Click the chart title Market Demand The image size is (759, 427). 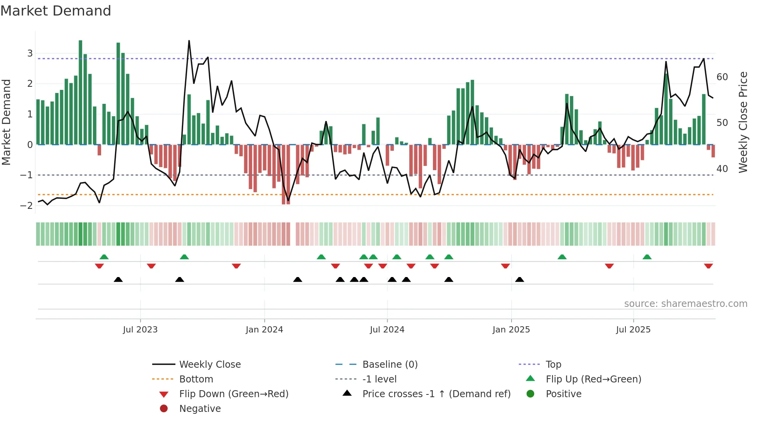coord(56,11)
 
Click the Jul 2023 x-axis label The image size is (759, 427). coord(140,330)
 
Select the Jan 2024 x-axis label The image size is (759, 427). coord(264,330)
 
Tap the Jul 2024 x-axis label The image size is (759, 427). coord(387,330)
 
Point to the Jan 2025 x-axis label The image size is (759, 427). coord(511,330)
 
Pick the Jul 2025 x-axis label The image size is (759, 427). coord(633,330)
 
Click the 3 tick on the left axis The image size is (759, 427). coord(30,53)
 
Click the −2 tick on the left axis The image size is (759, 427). coord(27,206)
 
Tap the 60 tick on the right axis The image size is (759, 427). coord(722,77)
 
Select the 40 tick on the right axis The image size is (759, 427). coord(722,169)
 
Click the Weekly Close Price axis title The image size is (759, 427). coord(743,122)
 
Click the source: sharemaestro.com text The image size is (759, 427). coord(685,304)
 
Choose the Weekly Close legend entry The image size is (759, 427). coord(210,365)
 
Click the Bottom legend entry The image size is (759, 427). coord(196,379)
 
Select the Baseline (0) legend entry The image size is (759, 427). coord(390,365)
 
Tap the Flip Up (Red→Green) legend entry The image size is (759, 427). coord(593,379)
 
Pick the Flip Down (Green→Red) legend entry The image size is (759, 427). coord(234,394)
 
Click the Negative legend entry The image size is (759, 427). coord(200,409)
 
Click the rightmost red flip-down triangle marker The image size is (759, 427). coord(708,266)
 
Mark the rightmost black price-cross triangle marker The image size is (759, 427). coord(520,279)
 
